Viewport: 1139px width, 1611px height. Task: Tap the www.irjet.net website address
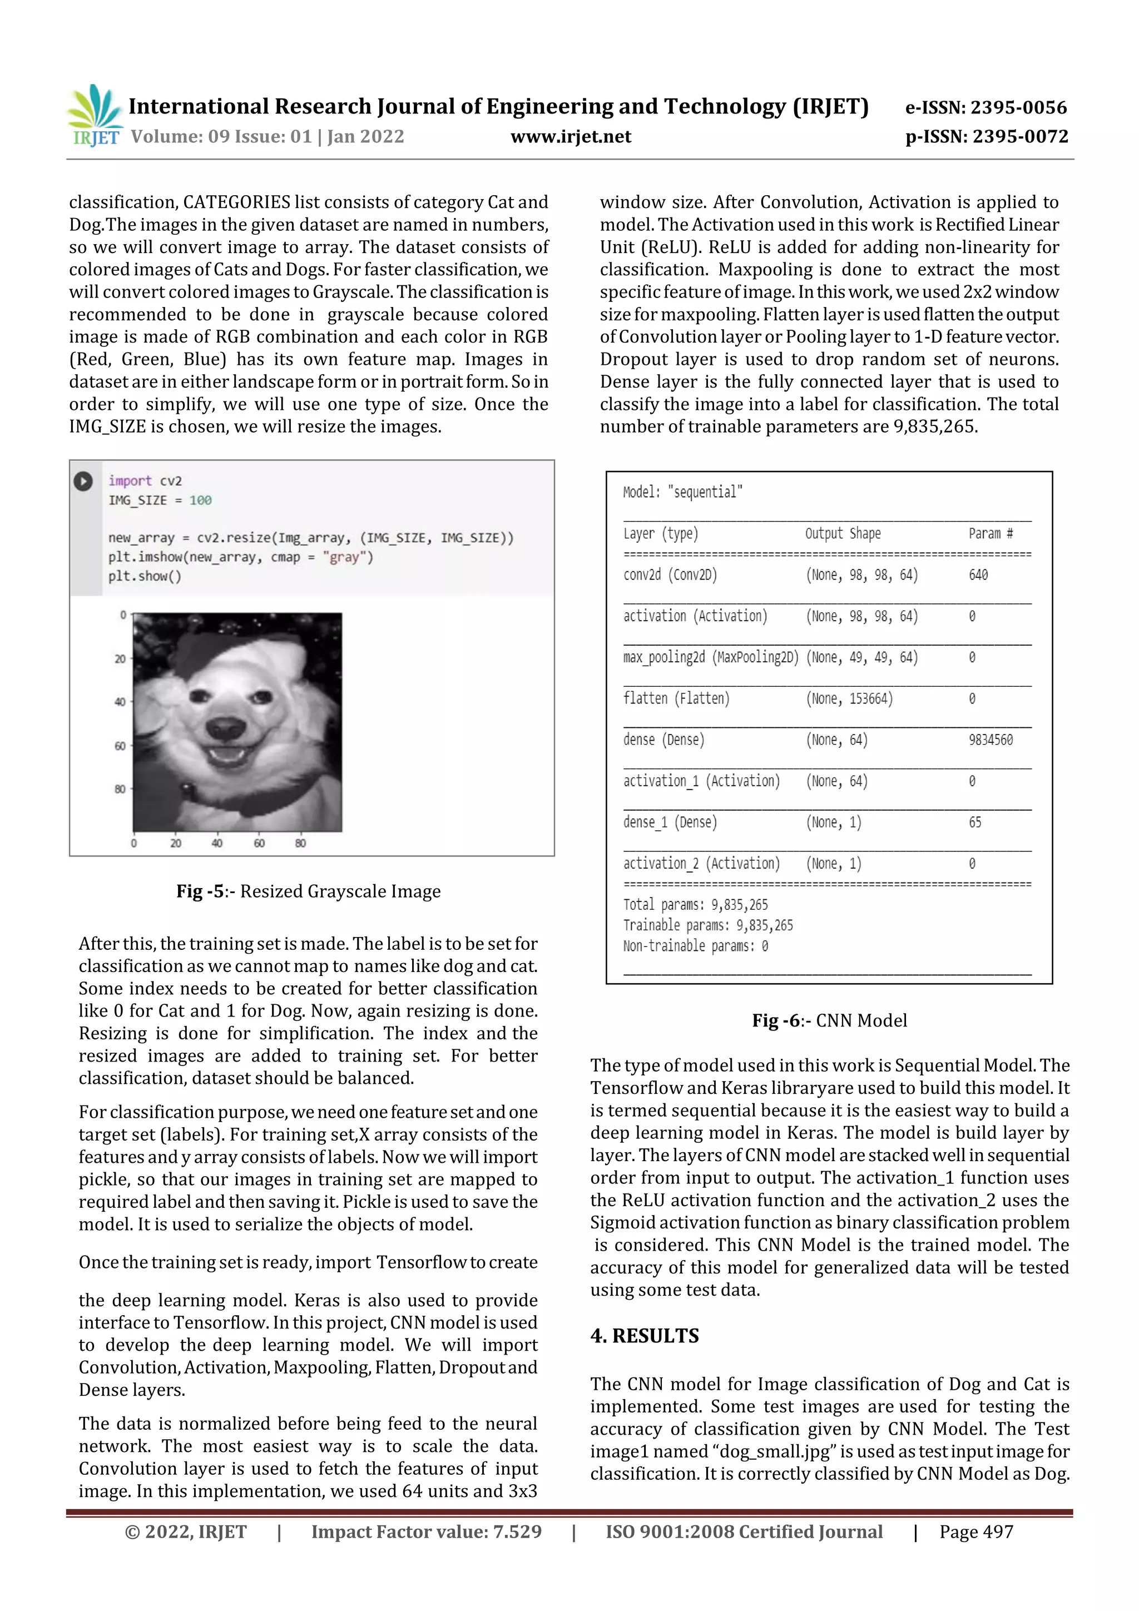(x=571, y=136)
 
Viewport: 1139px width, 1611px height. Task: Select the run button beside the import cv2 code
(x=83, y=482)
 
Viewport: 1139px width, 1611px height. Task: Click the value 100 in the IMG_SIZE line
(x=200, y=500)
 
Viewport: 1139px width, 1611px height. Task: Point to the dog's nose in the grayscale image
(x=226, y=727)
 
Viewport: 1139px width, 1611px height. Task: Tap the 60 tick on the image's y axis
(x=120, y=746)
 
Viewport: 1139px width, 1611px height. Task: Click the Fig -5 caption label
(x=200, y=891)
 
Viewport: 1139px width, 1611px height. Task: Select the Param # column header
(x=990, y=533)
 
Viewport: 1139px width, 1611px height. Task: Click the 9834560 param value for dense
(x=990, y=740)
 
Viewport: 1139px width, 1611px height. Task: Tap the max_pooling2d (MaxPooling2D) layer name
(x=710, y=657)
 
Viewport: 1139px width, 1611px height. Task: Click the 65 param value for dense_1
(x=975, y=822)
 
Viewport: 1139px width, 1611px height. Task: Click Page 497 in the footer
(x=975, y=1531)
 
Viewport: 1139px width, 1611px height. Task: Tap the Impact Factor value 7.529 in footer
(x=426, y=1531)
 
